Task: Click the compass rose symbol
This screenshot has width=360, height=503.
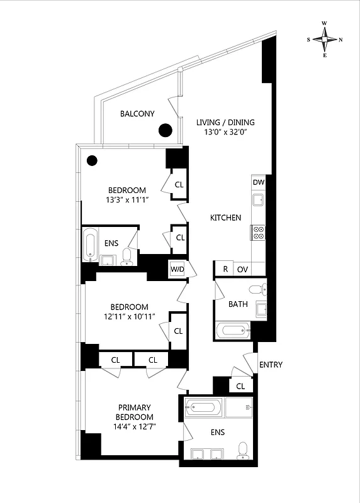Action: [325, 39]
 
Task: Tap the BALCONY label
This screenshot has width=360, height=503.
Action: [137, 114]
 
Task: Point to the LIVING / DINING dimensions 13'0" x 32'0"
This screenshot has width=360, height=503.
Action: [225, 133]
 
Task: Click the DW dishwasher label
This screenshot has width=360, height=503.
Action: [258, 182]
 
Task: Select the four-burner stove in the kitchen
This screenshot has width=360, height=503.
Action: [258, 233]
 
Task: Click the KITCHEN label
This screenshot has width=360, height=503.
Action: [225, 218]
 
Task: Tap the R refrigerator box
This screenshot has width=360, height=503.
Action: [225, 269]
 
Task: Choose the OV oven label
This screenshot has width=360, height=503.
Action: [242, 269]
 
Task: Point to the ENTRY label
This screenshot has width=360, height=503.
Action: [271, 365]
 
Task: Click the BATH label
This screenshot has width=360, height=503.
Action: [238, 304]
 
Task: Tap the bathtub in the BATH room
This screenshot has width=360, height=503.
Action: [232, 331]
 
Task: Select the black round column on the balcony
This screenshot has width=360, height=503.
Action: [165, 130]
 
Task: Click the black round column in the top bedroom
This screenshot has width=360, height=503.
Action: [92, 160]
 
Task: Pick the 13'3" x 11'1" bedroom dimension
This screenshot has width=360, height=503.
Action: [127, 201]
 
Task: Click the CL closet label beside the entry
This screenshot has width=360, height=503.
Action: [240, 386]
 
